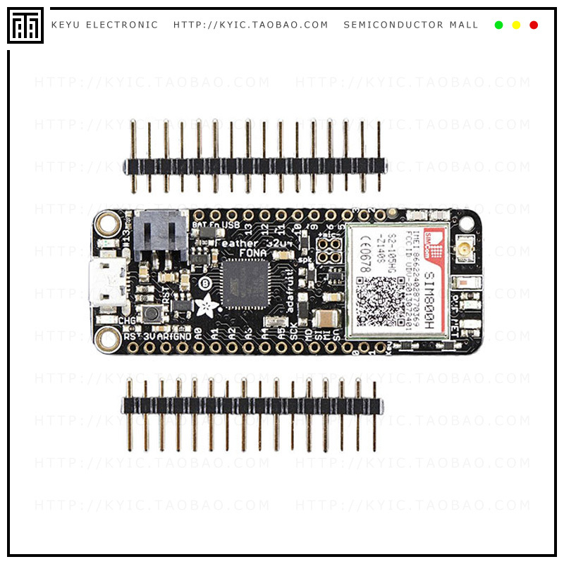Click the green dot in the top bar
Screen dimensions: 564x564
tap(499, 25)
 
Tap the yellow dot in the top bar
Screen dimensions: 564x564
tap(516, 25)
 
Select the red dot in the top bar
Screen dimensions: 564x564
tap(534, 25)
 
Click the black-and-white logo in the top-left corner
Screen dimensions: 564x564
tap(25, 25)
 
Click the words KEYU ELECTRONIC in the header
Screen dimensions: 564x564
tap(104, 25)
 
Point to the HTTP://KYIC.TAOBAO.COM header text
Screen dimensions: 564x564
tap(251, 25)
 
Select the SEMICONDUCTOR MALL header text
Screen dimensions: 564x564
tap(411, 25)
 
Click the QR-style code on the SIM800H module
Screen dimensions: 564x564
tap(376, 300)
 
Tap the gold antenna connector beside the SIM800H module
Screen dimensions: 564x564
tap(466, 249)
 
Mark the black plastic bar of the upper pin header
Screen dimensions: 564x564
tap(254, 166)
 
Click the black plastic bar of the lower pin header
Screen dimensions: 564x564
tap(252, 405)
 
